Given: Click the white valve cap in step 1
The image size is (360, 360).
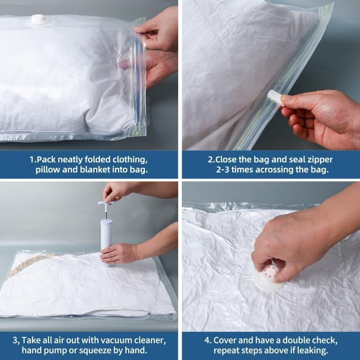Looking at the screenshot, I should click(x=37, y=19).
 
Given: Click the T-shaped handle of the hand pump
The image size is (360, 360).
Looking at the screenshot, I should click(x=105, y=204).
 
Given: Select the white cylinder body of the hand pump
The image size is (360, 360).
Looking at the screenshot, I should click(x=106, y=234).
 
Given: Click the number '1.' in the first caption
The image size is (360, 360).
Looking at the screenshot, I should click(x=32, y=160).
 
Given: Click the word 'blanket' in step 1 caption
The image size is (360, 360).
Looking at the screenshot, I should click(x=95, y=170).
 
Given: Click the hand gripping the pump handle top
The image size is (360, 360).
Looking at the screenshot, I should click(x=118, y=191).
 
